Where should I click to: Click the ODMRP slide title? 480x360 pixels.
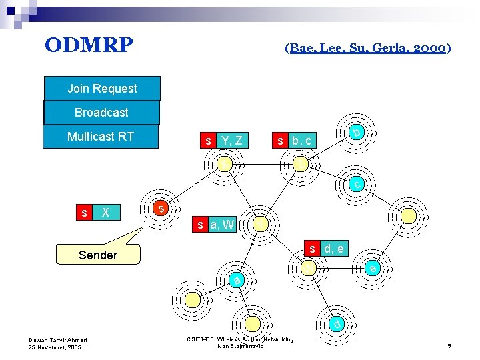tap(89, 45)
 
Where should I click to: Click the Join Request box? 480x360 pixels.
tap(102, 89)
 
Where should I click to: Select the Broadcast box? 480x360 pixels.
tap(101, 113)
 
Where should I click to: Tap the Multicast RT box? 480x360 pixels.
tap(101, 137)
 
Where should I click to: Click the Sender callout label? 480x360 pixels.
tap(98, 255)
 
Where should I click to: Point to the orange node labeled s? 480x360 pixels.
tap(160, 209)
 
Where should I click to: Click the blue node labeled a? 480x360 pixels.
tap(237, 280)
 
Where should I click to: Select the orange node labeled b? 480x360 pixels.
tap(357, 133)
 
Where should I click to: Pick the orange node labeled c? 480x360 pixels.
tap(358, 183)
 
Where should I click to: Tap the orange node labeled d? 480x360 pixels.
tap(338, 325)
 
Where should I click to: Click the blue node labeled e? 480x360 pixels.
tap(373, 268)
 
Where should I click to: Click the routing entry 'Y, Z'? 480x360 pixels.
tap(233, 141)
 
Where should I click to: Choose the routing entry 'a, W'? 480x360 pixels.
tap(221, 225)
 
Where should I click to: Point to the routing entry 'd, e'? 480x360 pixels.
tap(333, 249)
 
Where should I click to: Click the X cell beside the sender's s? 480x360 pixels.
tap(105, 213)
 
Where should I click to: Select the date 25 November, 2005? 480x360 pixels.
tap(56, 347)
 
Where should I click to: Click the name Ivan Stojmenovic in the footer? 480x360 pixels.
tap(241, 346)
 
